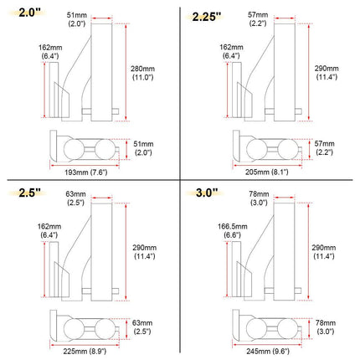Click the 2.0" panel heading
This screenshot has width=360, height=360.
[29, 13]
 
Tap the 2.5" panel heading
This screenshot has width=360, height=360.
[29, 193]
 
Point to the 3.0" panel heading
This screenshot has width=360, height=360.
[207, 193]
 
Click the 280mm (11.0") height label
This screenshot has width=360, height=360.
[142, 73]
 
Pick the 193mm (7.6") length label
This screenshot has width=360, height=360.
[86, 172]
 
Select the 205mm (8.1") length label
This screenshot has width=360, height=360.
[267, 172]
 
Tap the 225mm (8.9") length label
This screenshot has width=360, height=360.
[85, 351]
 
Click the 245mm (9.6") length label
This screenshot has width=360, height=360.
[268, 351]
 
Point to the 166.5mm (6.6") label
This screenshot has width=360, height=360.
[233, 230]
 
